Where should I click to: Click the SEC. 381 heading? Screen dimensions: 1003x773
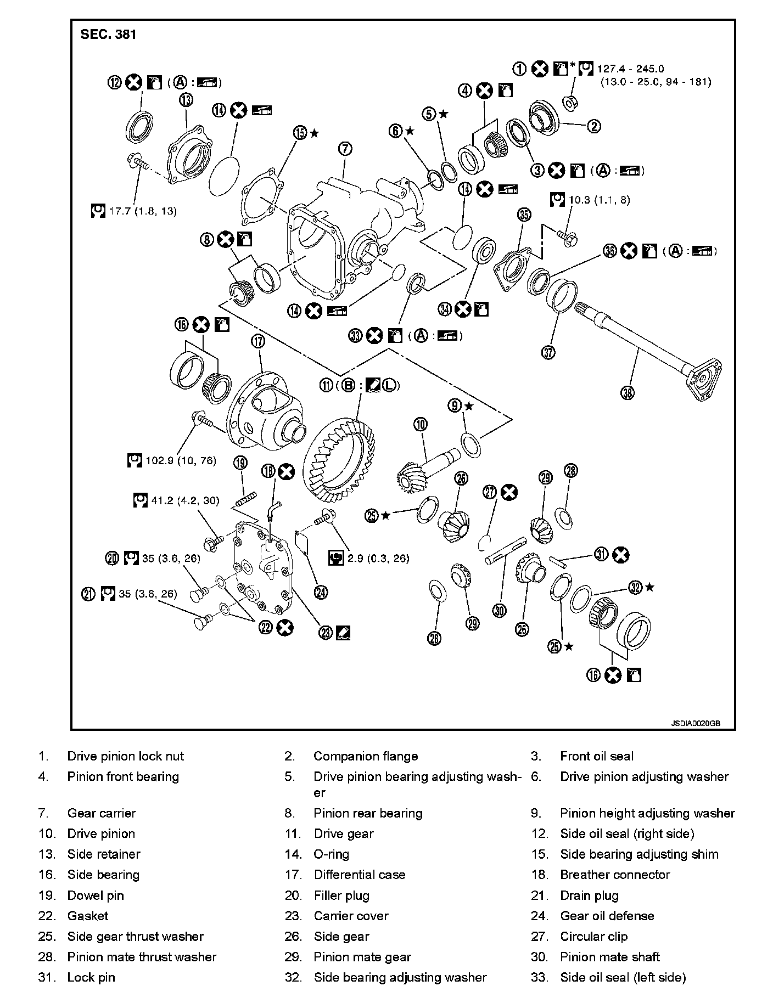pos(108,35)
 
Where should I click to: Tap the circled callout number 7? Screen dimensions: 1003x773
pos(344,149)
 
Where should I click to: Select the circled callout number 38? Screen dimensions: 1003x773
pos(628,393)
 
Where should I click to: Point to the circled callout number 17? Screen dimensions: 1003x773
pos(257,341)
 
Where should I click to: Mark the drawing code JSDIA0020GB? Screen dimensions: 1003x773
pos(694,723)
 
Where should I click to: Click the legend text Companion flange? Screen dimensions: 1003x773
pos(366,756)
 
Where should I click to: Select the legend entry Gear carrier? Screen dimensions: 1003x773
pos(101,813)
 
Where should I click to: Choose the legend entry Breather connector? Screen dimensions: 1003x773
pos(615,875)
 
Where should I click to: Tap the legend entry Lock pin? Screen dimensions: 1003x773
pos(91,977)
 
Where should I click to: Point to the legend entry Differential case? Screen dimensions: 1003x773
pos(360,875)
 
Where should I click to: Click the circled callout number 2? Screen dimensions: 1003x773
pos(594,126)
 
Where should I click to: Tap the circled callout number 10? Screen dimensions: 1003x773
pos(420,424)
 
